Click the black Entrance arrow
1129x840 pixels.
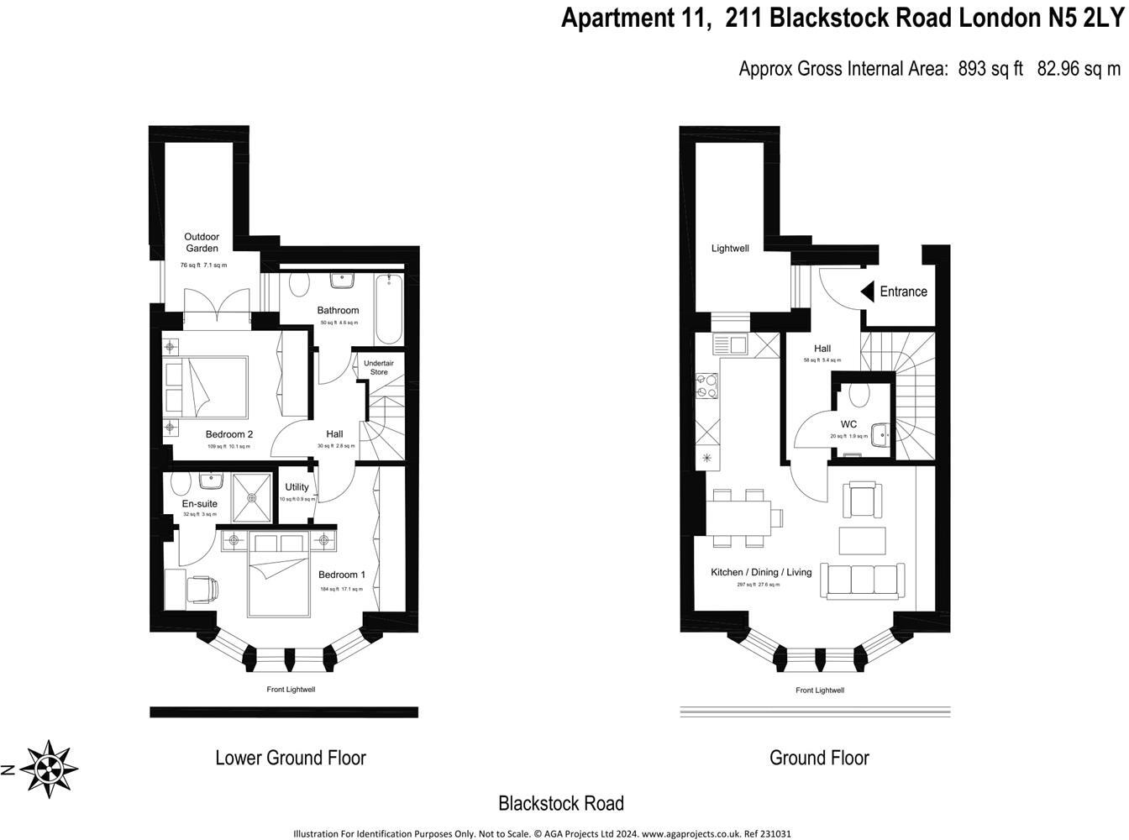point(868,291)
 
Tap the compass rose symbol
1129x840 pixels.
point(50,768)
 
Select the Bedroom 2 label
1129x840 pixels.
point(228,434)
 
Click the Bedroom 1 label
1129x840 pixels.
point(341,575)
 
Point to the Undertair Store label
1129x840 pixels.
point(379,368)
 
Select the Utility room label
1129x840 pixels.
point(297,487)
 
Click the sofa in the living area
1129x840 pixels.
point(863,580)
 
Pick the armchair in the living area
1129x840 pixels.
point(863,501)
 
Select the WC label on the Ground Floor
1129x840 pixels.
point(848,424)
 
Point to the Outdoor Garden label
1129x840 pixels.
point(202,243)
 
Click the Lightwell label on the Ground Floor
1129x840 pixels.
point(730,249)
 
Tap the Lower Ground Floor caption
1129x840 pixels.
point(291,758)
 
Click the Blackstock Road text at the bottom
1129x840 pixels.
point(561,804)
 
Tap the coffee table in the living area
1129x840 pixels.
point(863,540)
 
